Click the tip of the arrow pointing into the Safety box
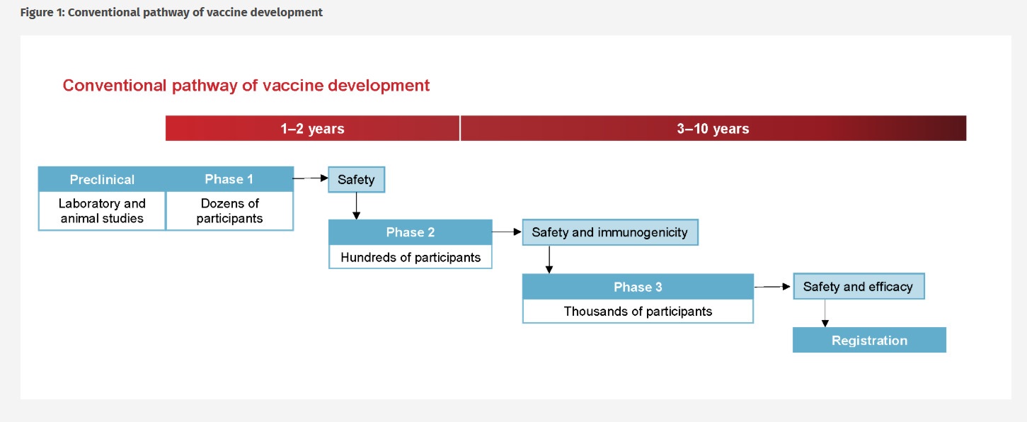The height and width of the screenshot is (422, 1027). click(328, 178)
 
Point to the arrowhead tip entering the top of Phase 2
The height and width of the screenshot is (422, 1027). click(356, 219)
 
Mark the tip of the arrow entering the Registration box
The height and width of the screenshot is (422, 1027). click(825, 327)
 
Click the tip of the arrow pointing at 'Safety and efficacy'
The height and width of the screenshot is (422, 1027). click(791, 287)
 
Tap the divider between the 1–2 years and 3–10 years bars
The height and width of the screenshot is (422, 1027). click(460, 128)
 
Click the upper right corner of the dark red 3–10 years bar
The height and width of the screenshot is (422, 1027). click(966, 115)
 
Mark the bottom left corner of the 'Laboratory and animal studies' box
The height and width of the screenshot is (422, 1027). click(39, 230)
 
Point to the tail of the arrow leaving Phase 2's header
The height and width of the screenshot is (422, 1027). click(492, 232)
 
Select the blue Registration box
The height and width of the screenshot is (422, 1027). click(869, 340)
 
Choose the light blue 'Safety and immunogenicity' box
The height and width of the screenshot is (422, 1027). click(610, 232)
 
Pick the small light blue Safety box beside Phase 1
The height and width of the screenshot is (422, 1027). click(356, 179)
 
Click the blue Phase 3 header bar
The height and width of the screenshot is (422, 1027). click(638, 287)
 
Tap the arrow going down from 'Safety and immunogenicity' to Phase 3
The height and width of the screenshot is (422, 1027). click(549, 260)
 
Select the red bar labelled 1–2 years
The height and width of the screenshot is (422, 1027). click(312, 128)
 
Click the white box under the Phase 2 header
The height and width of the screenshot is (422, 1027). click(411, 257)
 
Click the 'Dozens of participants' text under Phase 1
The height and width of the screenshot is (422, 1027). click(230, 210)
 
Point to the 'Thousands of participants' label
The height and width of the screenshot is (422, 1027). click(638, 311)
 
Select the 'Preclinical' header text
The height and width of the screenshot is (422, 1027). click(102, 179)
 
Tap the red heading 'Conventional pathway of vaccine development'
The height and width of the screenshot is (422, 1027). click(246, 85)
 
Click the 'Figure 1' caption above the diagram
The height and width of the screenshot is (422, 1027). click(171, 12)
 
